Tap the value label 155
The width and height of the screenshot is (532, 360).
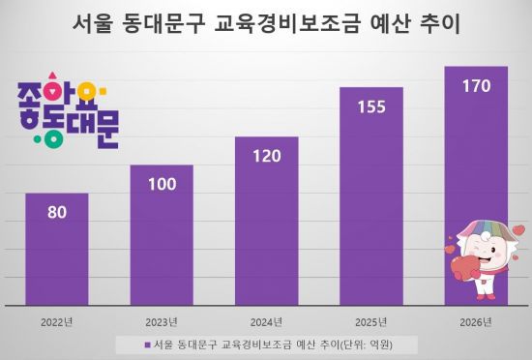coord(370,104)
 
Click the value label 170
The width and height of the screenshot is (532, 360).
coord(475,85)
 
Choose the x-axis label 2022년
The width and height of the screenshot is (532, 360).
coord(57,320)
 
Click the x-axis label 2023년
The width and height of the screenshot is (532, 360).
coord(162,320)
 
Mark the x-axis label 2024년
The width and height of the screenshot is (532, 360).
coord(266,320)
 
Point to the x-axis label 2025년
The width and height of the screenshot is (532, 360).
coord(370,320)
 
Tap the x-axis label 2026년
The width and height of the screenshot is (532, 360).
coord(475,320)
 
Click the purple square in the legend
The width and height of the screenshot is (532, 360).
coord(146,344)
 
